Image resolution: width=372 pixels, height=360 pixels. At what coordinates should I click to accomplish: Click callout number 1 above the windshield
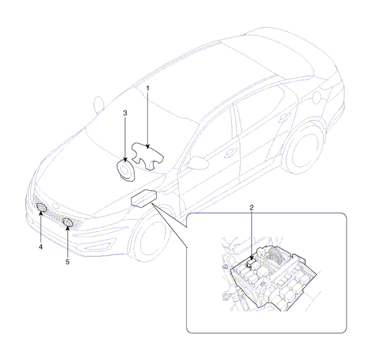pos(148,88)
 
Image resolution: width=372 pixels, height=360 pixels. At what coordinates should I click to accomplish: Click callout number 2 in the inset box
pos(252,207)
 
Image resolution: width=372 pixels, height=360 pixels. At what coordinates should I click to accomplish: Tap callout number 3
pos(125,113)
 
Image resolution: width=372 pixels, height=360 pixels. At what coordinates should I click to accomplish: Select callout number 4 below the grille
pos(41,247)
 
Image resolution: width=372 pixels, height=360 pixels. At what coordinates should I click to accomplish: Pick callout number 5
pos(68,262)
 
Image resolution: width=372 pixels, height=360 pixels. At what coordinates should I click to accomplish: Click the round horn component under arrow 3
pos(126,171)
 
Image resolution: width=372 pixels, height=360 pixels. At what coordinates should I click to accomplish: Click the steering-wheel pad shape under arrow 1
pos(148,156)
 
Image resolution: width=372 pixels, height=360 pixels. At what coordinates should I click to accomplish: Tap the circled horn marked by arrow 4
pos(42,207)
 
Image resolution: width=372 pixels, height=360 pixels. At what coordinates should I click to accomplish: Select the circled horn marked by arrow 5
pos(68,222)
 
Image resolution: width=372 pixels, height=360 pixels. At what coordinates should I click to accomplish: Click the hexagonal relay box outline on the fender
pos(144,198)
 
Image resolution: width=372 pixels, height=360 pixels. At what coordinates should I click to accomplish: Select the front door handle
pos(231,152)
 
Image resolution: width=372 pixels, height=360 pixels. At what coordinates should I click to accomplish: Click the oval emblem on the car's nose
pos(56,206)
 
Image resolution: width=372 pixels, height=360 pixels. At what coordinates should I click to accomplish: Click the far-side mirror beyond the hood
pos(99,104)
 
